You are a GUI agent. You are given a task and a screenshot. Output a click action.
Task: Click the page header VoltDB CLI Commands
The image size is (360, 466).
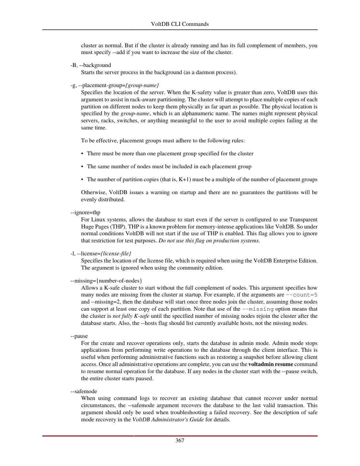pos(180,24)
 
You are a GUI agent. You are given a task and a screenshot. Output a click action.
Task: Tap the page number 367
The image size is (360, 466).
pos(180,440)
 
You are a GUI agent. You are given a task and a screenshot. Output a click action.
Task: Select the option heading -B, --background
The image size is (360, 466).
pos(91,65)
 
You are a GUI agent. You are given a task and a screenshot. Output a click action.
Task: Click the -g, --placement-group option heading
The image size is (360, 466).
pos(115,85)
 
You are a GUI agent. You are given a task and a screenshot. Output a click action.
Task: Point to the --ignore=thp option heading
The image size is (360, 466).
pos(85,213)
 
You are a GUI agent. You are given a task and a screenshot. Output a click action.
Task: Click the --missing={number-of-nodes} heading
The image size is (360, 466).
pos(106,281)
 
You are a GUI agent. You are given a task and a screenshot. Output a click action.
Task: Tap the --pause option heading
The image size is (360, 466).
pos(79,336)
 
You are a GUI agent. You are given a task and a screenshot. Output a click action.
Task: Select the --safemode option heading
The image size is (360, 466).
pos(83,391)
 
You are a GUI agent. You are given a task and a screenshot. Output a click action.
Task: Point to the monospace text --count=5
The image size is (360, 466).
pos(301,295)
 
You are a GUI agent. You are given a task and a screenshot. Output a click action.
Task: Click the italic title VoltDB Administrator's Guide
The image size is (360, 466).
pos(168,420)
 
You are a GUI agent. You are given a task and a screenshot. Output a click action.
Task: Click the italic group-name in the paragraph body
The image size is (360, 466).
pos(135,114)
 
